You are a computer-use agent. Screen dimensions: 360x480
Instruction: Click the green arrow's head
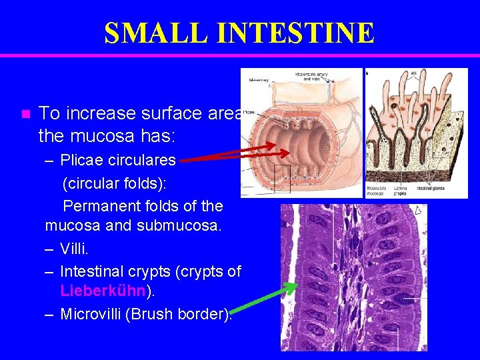click(293, 287)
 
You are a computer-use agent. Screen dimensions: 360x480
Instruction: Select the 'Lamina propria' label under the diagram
click(400, 191)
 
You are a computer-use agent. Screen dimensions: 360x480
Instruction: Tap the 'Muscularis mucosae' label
click(376, 191)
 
